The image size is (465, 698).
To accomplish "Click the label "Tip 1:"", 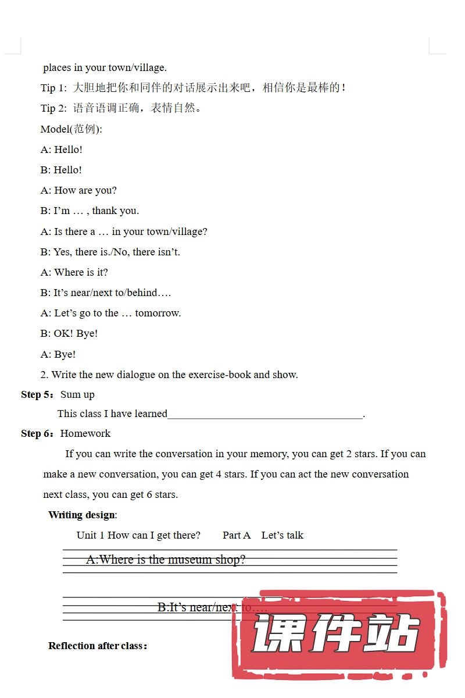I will (54, 88).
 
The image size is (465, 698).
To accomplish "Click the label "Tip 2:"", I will (54, 108).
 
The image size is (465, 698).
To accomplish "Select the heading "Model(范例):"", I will (71, 129).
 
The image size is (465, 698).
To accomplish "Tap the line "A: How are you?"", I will (78, 190).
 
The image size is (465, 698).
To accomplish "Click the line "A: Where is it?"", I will (74, 272).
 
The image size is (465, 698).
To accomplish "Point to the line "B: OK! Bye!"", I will (69, 333).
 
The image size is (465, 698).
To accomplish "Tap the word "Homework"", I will (85, 433).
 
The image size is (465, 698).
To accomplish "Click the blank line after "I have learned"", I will (264, 414).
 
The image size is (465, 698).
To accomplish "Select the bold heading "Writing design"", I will (82, 515).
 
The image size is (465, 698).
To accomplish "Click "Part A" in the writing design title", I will (237, 535).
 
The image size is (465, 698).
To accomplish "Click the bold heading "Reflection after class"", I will (96, 646).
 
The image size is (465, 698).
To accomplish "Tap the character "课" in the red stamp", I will (278, 633).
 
